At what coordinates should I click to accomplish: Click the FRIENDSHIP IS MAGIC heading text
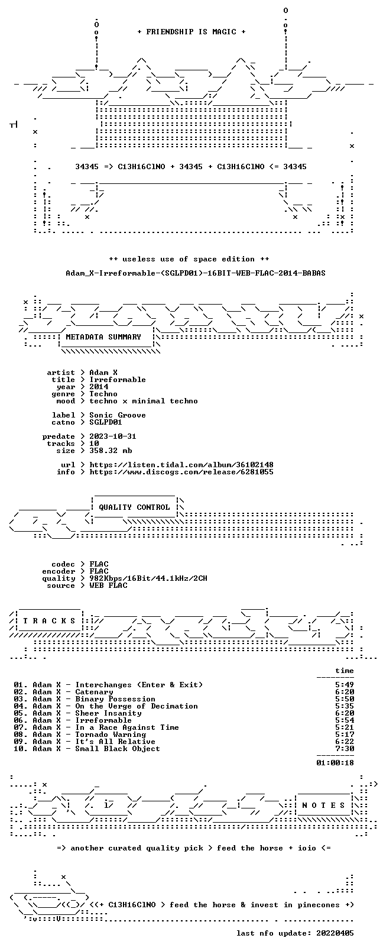pos(191,32)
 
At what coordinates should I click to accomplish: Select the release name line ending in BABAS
pos(196,273)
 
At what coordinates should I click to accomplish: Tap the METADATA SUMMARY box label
pos(103,337)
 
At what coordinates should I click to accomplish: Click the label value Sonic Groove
pos(118,415)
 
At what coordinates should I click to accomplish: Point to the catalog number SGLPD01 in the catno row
pos(106,422)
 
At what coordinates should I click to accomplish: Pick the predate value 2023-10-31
pos(113,436)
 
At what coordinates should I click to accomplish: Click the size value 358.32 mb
pos(111,451)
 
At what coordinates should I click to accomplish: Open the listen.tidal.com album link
pos(181,465)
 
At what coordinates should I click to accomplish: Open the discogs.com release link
pos(181,472)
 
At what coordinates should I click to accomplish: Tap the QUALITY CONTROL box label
pos(134,507)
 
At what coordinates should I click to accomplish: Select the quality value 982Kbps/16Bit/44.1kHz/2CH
pos(148,578)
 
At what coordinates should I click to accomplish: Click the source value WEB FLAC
pos(108,586)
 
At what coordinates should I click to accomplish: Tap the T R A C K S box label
pos(49,621)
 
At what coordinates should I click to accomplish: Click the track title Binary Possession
pos(115,699)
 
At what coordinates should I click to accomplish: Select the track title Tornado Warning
pos(111,735)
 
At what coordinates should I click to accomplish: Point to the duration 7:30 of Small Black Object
pos(345,749)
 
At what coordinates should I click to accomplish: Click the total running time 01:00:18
pos(335,763)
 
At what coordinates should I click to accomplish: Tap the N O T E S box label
pos(324,806)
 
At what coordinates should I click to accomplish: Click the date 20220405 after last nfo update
pos(335,933)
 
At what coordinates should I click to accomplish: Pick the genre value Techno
pos(103,394)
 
